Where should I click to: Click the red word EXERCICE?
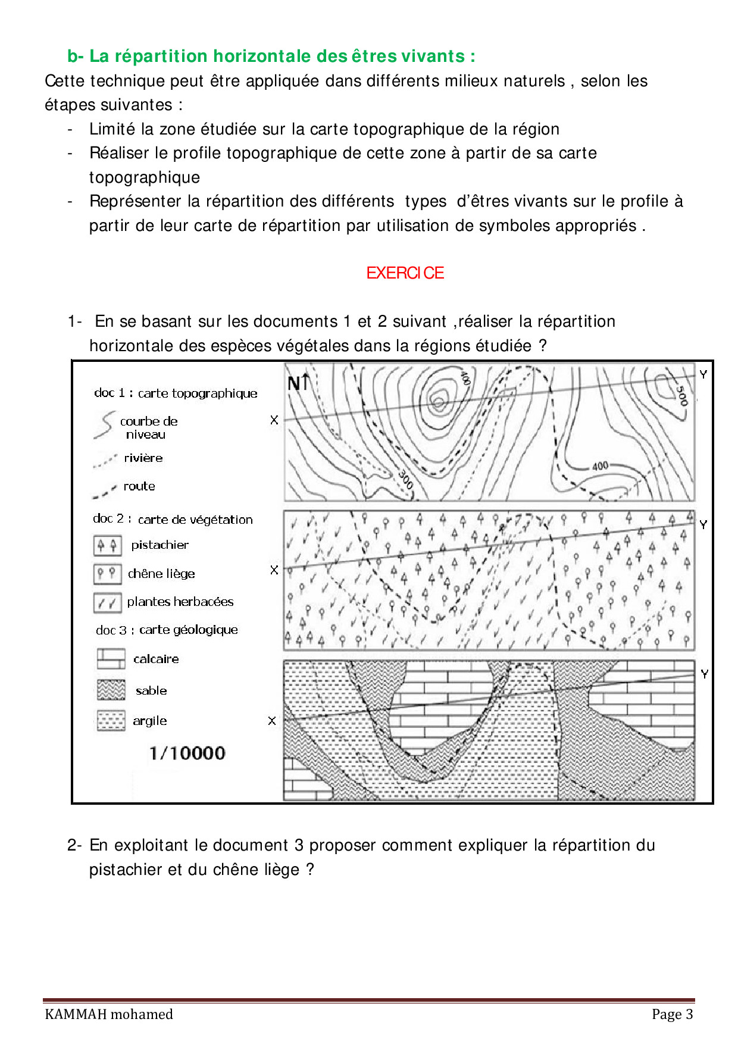(405, 273)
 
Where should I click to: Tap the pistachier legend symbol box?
(108, 545)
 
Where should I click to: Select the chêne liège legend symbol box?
(108, 574)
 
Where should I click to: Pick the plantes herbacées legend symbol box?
(108, 602)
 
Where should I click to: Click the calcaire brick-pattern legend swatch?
(111, 659)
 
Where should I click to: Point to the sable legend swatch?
(111, 690)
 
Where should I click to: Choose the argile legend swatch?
(111, 721)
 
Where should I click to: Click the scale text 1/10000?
(187, 754)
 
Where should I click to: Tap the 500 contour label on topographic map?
(681, 395)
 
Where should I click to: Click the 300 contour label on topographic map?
(406, 479)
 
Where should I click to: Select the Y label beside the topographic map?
(703, 374)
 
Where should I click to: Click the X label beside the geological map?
(272, 721)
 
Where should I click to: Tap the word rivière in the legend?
(143, 458)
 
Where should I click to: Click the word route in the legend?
(139, 486)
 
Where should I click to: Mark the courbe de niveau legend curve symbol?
(104, 426)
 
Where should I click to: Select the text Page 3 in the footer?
(673, 1014)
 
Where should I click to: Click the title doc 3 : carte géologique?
(167, 630)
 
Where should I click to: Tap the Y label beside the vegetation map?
(703, 524)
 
